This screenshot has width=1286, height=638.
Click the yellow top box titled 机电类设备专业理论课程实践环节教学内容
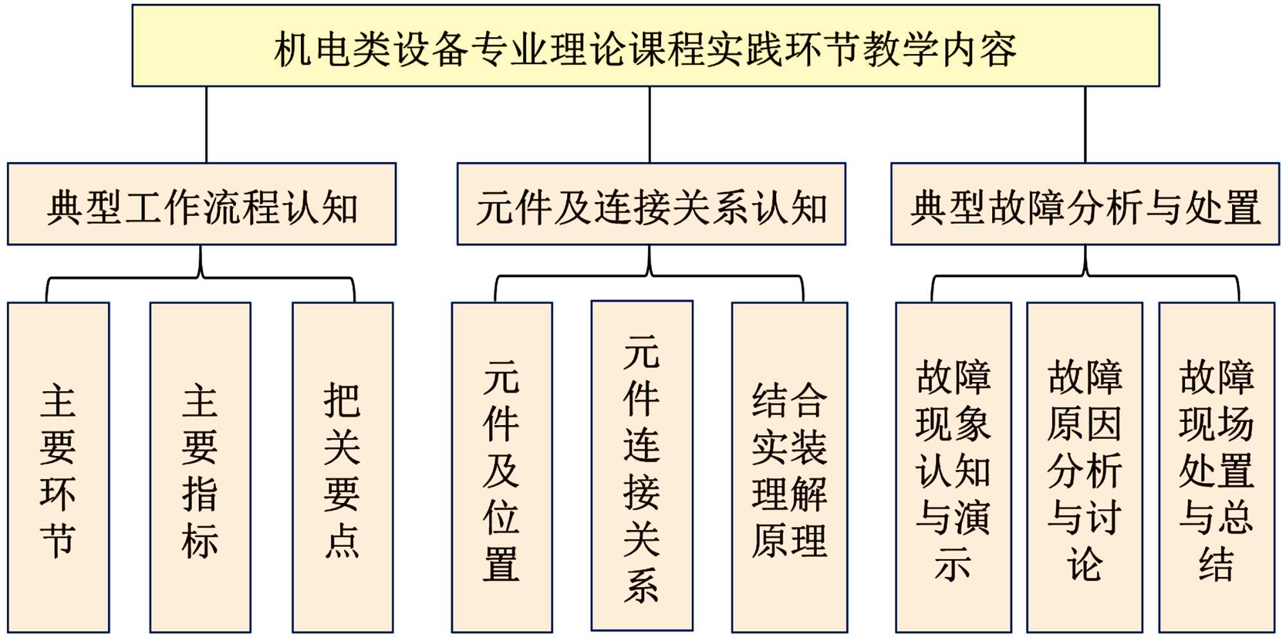coord(646,46)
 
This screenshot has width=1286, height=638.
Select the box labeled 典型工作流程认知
coord(202,205)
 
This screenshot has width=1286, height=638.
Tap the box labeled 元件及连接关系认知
coord(651,205)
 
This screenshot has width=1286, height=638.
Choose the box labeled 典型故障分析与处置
coord(1085,205)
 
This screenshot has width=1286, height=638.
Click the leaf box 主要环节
coord(59,468)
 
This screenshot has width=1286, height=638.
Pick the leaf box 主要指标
coord(201,468)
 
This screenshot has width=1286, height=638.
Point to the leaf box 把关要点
coord(343,468)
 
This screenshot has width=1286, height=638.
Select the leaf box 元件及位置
coord(502,468)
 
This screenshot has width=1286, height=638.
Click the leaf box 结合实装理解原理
coord(790,468)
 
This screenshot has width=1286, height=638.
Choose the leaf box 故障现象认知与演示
coord(953,468)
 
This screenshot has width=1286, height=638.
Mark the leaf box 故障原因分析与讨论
coord(1085,468)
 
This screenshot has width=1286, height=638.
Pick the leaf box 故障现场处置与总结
coord(1217,468)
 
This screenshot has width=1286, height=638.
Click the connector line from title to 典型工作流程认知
coord(206,125)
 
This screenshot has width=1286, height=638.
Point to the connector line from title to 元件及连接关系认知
coord(649,125)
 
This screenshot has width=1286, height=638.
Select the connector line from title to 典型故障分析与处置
coord(1085,125)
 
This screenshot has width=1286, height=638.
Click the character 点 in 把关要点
coord(342,540)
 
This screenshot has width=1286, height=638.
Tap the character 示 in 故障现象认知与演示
coord(953,565)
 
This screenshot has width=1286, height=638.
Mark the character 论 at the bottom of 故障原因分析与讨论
coord(1085,565)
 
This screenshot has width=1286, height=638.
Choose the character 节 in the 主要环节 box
coord(58,540)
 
